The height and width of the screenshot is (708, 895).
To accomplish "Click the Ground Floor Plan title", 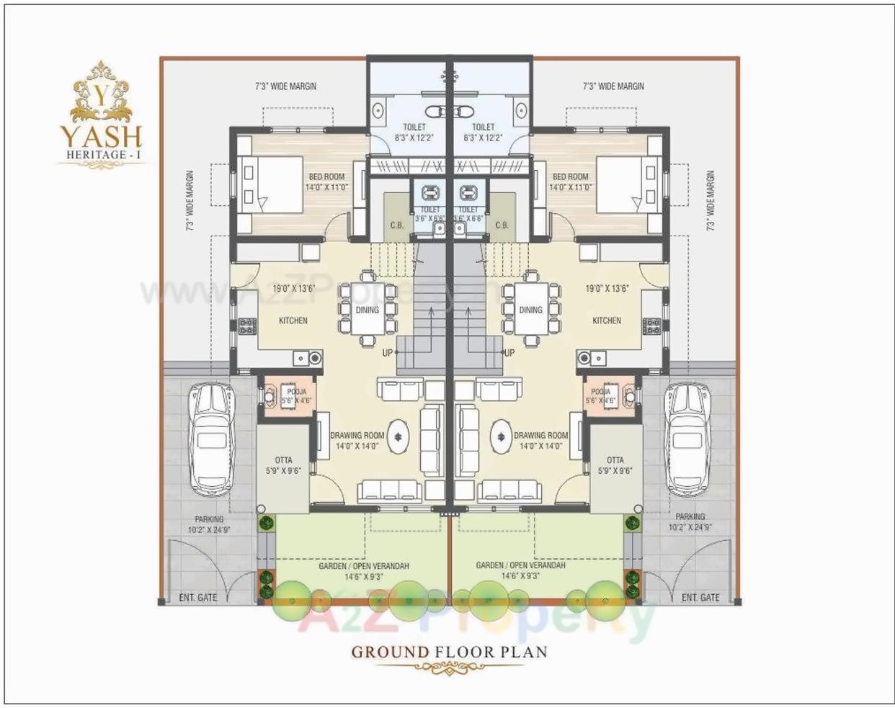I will [449, 653].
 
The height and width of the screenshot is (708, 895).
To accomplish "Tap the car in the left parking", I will [210, 438].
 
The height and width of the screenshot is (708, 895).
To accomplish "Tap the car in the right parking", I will [687, 438].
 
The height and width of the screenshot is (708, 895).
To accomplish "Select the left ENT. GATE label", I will [197, 598].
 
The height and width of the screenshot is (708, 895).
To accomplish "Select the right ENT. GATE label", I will [700, 598].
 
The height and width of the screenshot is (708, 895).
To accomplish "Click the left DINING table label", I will [367, 310].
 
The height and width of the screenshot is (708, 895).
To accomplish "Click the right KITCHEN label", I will [606, 321].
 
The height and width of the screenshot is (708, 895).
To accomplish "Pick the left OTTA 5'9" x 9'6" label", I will [283, 465].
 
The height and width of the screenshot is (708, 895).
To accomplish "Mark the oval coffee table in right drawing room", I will [501, 436].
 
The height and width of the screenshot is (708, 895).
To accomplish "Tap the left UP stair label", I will [388, 353].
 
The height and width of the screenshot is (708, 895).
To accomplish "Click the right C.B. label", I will [502, 225].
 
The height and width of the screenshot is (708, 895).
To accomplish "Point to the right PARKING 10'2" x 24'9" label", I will [690, 521].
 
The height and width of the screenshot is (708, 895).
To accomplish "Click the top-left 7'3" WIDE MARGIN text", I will [286, 86].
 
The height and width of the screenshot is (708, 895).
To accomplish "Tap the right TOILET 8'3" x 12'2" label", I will [483, 132].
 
